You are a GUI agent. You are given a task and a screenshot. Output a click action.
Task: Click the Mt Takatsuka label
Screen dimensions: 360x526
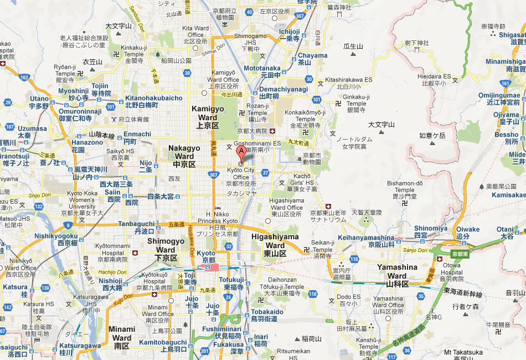(463, 352)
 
